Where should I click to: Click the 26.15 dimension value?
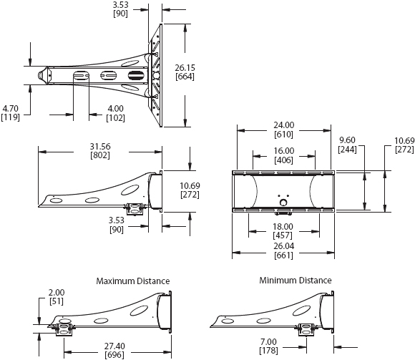tap(185, 67)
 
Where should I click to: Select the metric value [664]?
tap(185, 77)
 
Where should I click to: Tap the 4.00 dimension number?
tap(115, 108)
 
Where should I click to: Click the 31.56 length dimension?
tap(99, 146)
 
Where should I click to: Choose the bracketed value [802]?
tap(99, 155)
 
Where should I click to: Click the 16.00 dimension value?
tap(283, 150)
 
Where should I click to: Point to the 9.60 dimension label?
tap(347, 140)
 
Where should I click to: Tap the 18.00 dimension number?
tap(283, 225)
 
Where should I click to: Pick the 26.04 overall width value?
tap(283, 245)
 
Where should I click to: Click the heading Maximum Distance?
tap(133, 281)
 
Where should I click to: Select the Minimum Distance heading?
tap(296, 280)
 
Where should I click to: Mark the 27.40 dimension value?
tap(114, 346)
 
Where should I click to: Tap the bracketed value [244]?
tap(347, 149)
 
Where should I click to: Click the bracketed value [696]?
tap(114, 355)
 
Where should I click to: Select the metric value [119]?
tap(11, 117)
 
